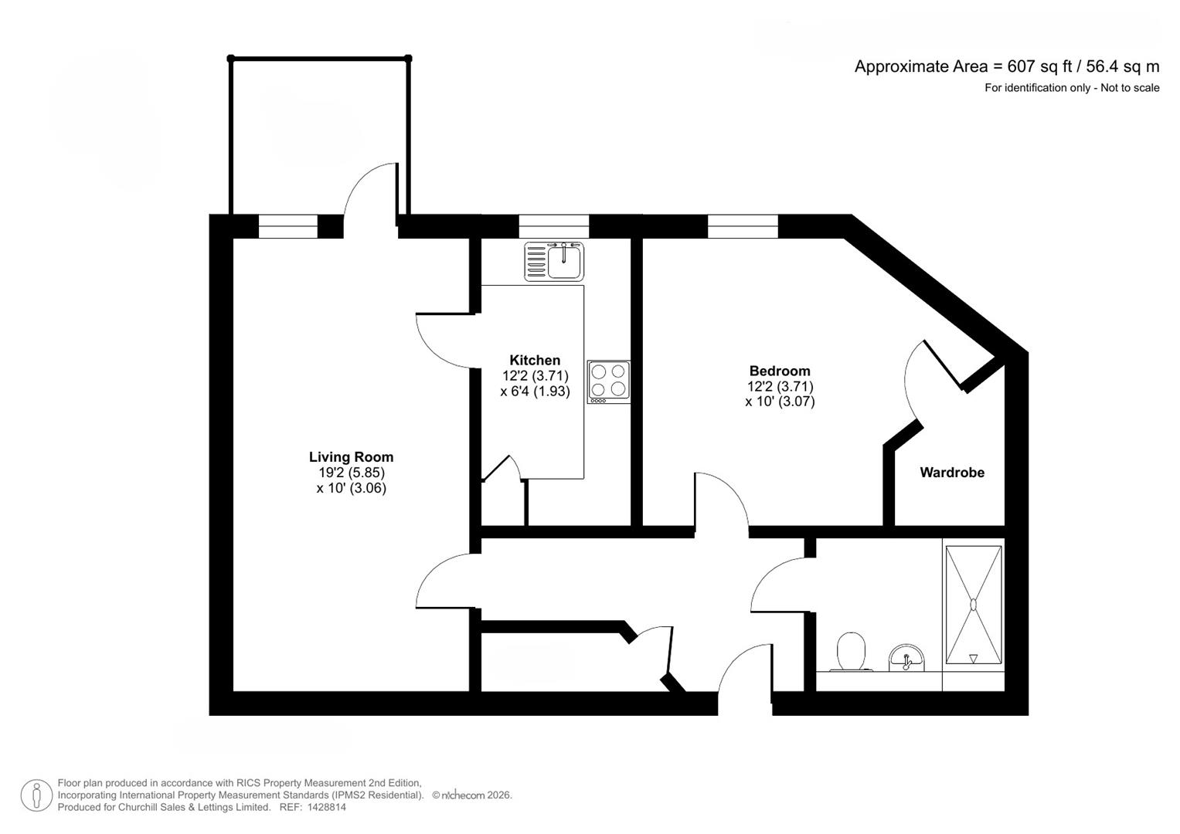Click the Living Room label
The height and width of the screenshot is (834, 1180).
tap(351, 457)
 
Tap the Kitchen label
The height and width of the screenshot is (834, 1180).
tap(535, 360)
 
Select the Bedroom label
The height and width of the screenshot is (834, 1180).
tap(780, 371)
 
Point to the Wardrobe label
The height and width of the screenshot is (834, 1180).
tap(952, 473)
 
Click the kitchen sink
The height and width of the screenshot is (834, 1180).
tap(554, 261)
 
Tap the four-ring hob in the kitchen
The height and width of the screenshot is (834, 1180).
tap(608, 381)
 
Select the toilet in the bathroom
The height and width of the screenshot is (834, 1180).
tap(851, 652)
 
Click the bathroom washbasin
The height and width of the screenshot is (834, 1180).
tap(906, 658)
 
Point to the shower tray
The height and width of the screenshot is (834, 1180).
tap(974, 605)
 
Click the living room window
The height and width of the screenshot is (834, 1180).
tap(288, 226)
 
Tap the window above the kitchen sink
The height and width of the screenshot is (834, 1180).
tap(553, 226)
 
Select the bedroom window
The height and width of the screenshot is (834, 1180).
tap(743, 226)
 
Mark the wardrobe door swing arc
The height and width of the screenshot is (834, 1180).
tap(907, 380)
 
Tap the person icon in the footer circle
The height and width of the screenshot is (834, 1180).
tap(36, 795)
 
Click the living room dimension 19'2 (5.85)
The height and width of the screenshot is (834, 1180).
tap(349, 473)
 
